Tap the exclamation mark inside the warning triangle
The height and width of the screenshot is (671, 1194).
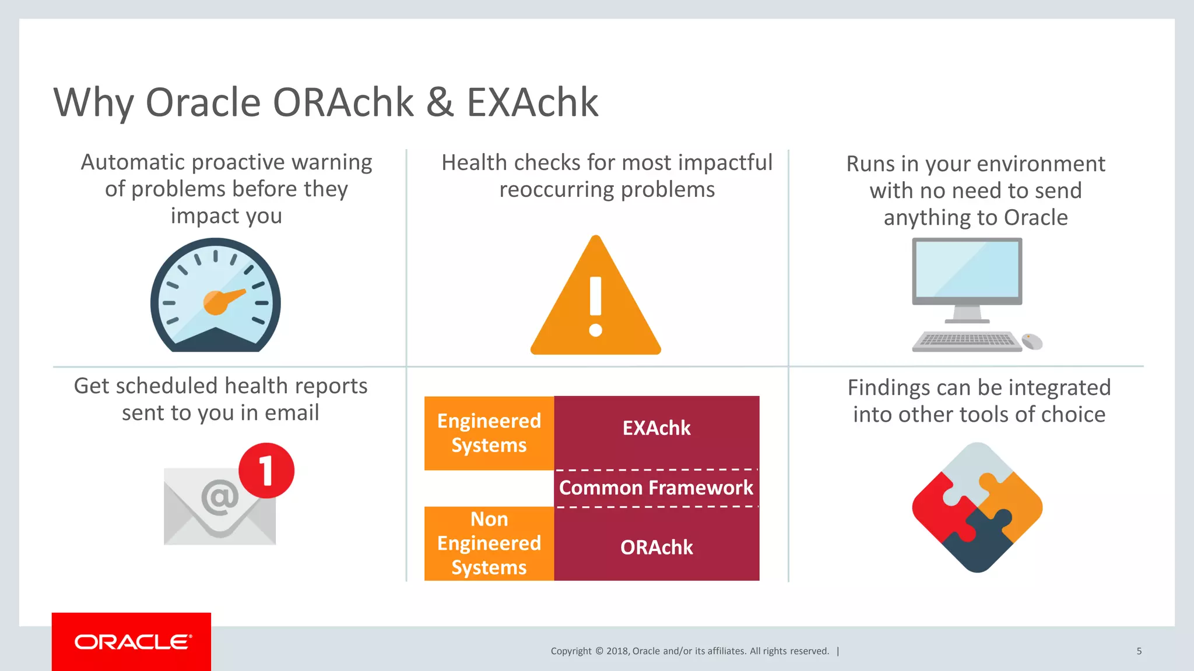(595, 305)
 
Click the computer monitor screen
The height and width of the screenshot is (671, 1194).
(967, 269)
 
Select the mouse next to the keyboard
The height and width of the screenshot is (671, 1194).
(1032, 341)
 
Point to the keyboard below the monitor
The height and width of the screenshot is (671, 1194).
(967, 341)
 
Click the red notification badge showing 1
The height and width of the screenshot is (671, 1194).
(266, 471)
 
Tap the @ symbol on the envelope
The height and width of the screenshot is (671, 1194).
(220, 497)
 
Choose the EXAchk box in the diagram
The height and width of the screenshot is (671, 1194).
(656, 429)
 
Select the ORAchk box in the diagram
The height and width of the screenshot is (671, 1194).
(656, 548)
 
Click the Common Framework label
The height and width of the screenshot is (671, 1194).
(656, 488)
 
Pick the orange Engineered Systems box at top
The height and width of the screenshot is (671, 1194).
(489, 433)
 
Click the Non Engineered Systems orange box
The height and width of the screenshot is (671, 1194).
(489, 543)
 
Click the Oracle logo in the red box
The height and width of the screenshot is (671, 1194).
(132, 642)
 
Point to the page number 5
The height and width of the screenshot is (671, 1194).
(1139, 651)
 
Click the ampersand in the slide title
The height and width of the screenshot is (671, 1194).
(440, 103)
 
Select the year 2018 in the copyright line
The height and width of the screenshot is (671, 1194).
(617, 651)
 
